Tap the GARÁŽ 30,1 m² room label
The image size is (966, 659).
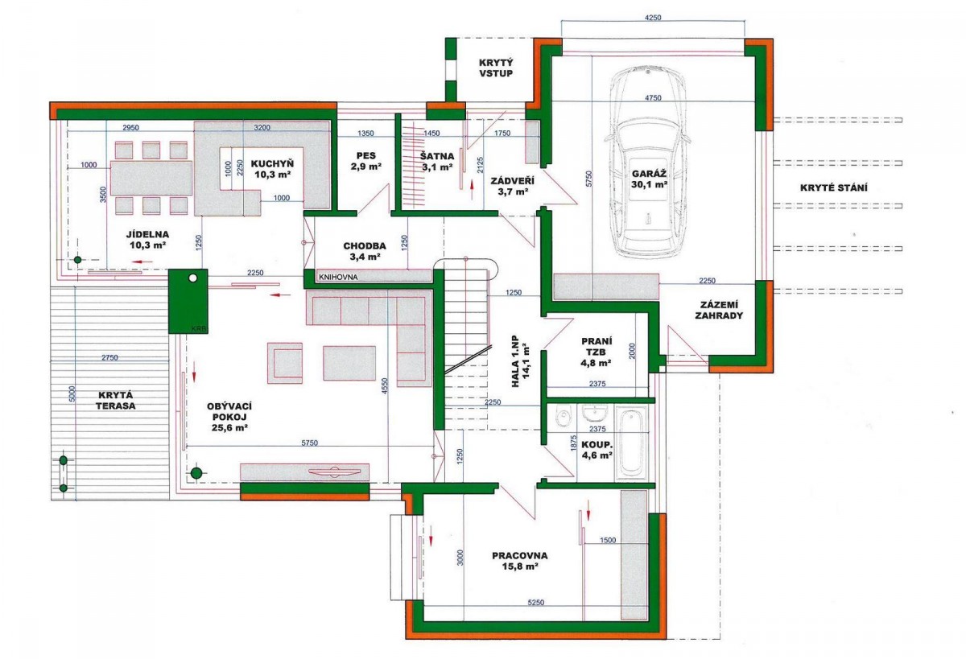pyautogui.click(x=650, y=179)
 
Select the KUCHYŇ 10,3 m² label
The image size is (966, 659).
pyautogui.click(x=272, y=169)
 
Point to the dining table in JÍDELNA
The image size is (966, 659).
pyautogui.click(x=151, y=178)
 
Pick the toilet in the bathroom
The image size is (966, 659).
pyautogui.click(x=563, y=415)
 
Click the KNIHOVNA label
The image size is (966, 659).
pyautogui.click(x=338, y=277)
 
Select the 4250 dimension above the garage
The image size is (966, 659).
pyautogui.click(x=653, y=18)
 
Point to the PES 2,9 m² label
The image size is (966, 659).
pyautogui.click(x=366, y=161)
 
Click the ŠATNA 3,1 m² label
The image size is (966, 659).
pyautogui.click(x=437, y=162)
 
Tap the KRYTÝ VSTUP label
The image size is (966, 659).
pyautogui.click(x=496, y=68)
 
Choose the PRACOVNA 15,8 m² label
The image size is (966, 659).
pyautogui.click(x=520, y=561)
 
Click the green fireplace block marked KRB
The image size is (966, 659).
pyautogui.click(x=188, y=301)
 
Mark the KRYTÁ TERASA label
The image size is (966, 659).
pyautogui.click(x=116, y=401)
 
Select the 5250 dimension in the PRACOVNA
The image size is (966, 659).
pyautogui.click(x=535, y=603)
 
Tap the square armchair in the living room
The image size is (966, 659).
pyautogui.click(x=285, y=363)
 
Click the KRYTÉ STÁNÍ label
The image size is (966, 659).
pyautogui.click(x=834, y=188)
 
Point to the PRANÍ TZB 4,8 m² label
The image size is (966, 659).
pyautogui.click(x=597, y=352)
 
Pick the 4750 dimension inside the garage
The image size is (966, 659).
pyautogui.click(x=653, y=98)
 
